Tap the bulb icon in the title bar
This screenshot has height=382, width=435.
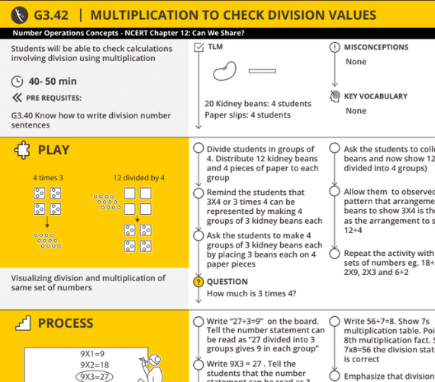[18, 15]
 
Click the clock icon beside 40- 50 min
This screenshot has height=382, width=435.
[18, 81]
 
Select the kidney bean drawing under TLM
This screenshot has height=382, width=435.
[226, 71]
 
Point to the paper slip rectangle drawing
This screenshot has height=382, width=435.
[262, 71]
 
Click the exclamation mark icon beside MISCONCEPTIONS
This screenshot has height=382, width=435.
[334, 47]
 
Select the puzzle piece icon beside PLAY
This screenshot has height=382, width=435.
[22, 151]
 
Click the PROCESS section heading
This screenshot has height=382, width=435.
[66, 323]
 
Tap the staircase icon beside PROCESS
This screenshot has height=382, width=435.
[21, 323]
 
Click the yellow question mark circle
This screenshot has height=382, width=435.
[198, 281]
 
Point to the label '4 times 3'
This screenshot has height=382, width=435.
[48, 178]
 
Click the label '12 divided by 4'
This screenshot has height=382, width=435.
[139, 178]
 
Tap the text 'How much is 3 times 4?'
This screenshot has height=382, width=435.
[252, 293]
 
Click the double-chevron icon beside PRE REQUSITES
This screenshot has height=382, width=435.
[17, 98]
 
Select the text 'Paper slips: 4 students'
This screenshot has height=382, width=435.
[247, 115]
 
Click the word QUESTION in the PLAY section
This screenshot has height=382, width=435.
[227, 281]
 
